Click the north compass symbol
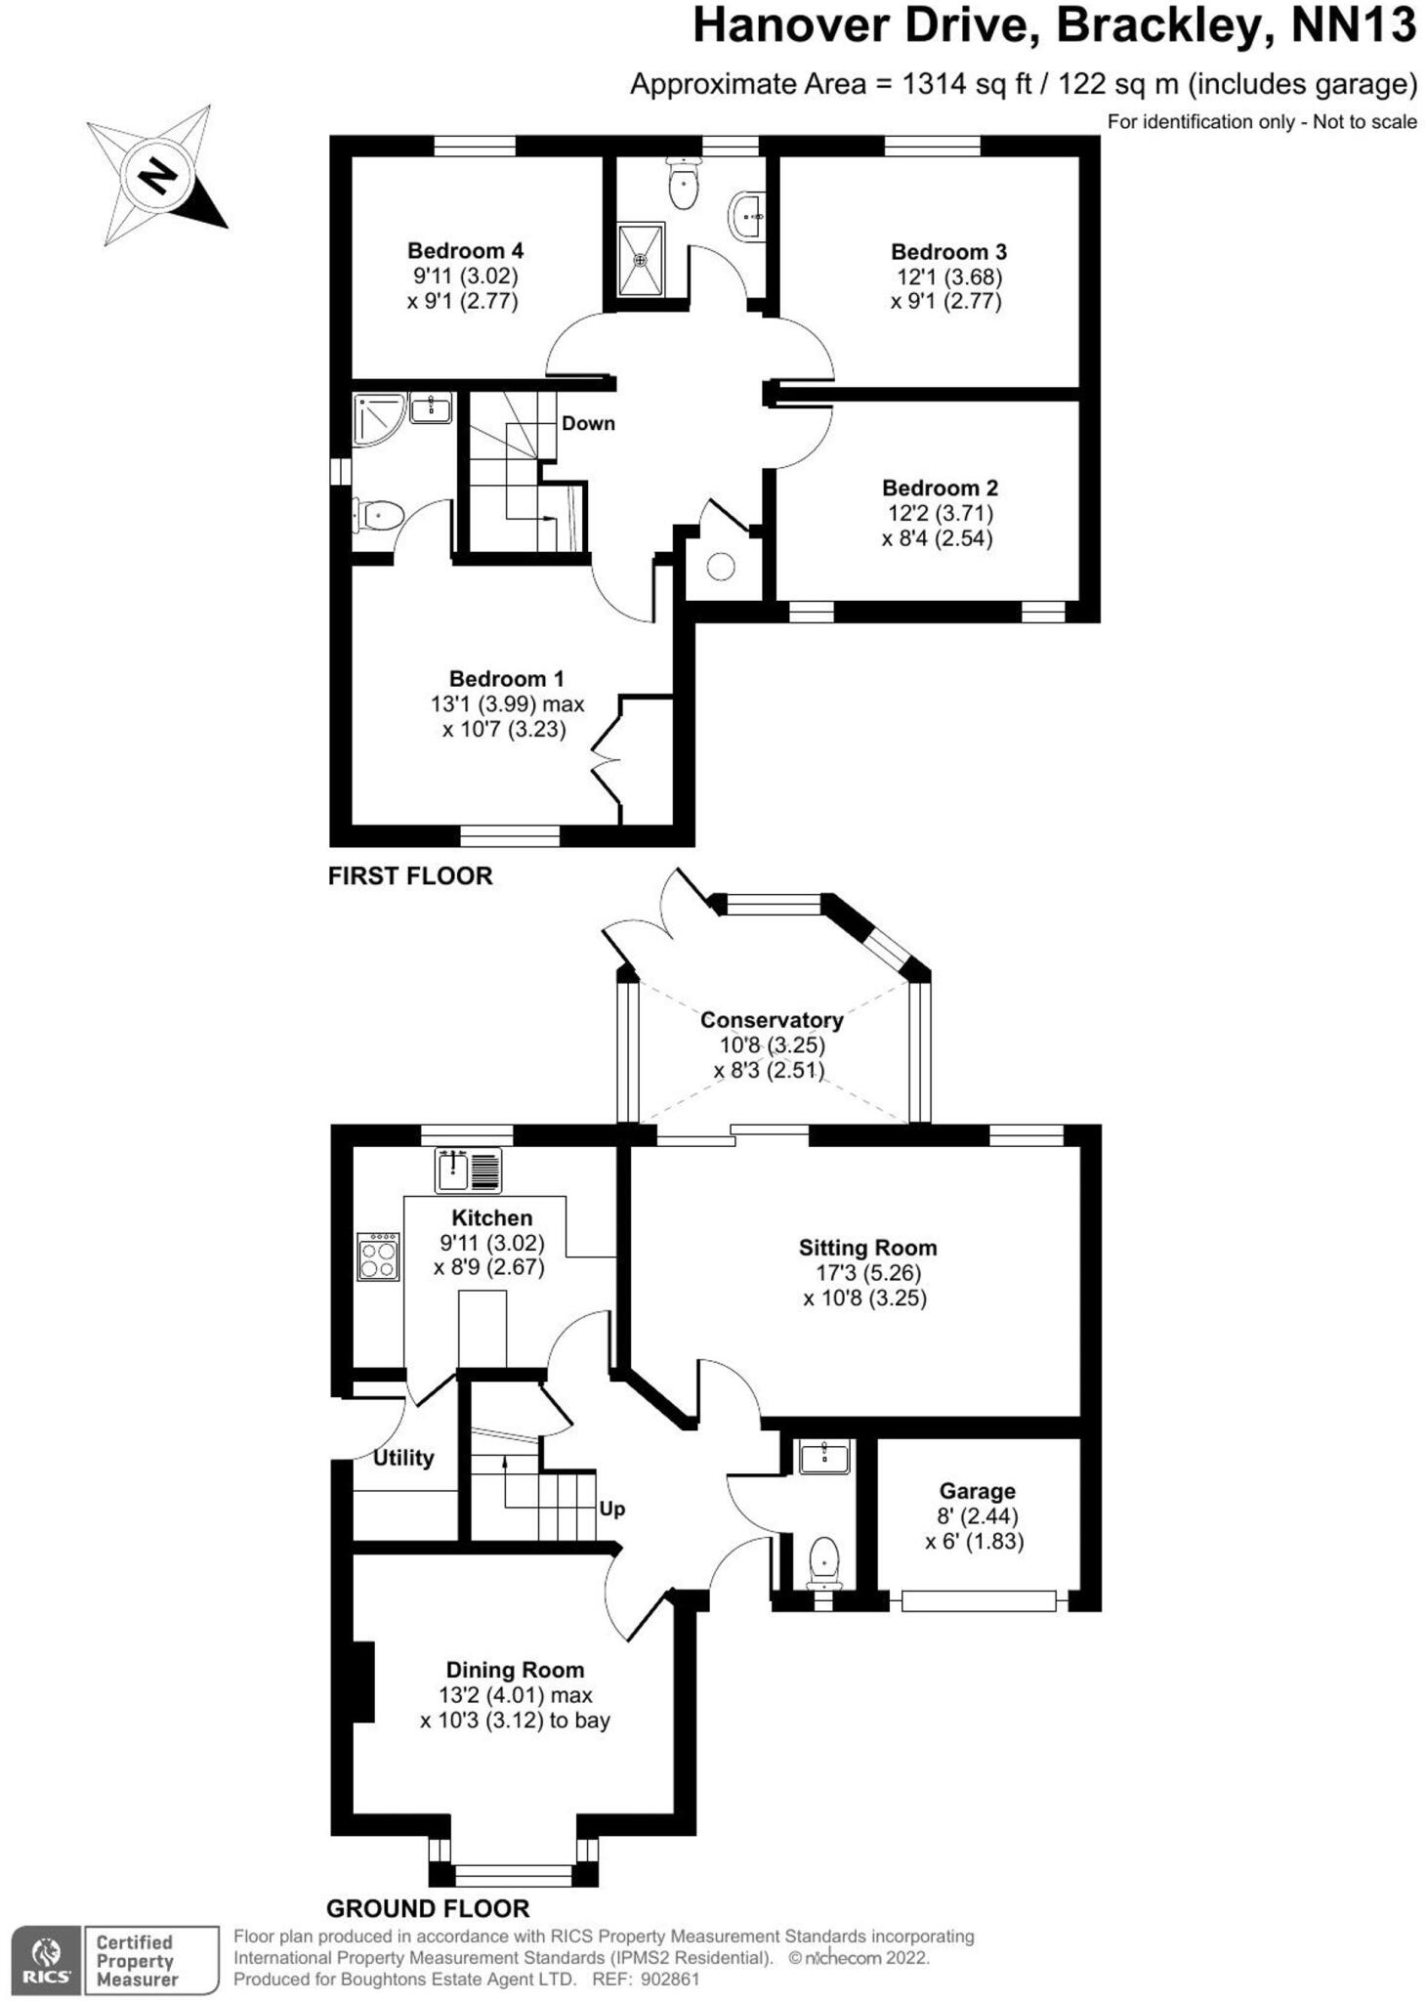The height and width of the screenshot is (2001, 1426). pos(156,176)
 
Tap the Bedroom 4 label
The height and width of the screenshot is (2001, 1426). pos(465,251)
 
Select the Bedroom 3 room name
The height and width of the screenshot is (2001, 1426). pos(947,252)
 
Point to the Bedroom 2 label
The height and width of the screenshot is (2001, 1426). pos(940,488)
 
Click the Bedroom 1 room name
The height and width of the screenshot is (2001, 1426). pos(506,678)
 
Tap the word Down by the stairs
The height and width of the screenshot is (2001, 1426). pos(588,423)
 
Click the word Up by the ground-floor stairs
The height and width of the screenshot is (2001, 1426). pos(612,1509)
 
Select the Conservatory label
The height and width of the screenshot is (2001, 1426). pos(772,1020)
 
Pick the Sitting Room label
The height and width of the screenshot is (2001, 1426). pos(867,1248)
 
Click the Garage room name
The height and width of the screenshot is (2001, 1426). pos(977,1491)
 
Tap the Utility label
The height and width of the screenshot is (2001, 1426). pos(403,1458)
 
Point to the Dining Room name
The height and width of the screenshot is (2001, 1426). pos(515,1670)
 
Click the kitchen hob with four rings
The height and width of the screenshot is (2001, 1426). pos(378,1256)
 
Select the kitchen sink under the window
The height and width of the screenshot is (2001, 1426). pos(469,1170)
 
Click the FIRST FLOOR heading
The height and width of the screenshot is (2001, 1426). pos(410,875)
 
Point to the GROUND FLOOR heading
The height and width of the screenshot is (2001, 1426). pos(428,1908)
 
